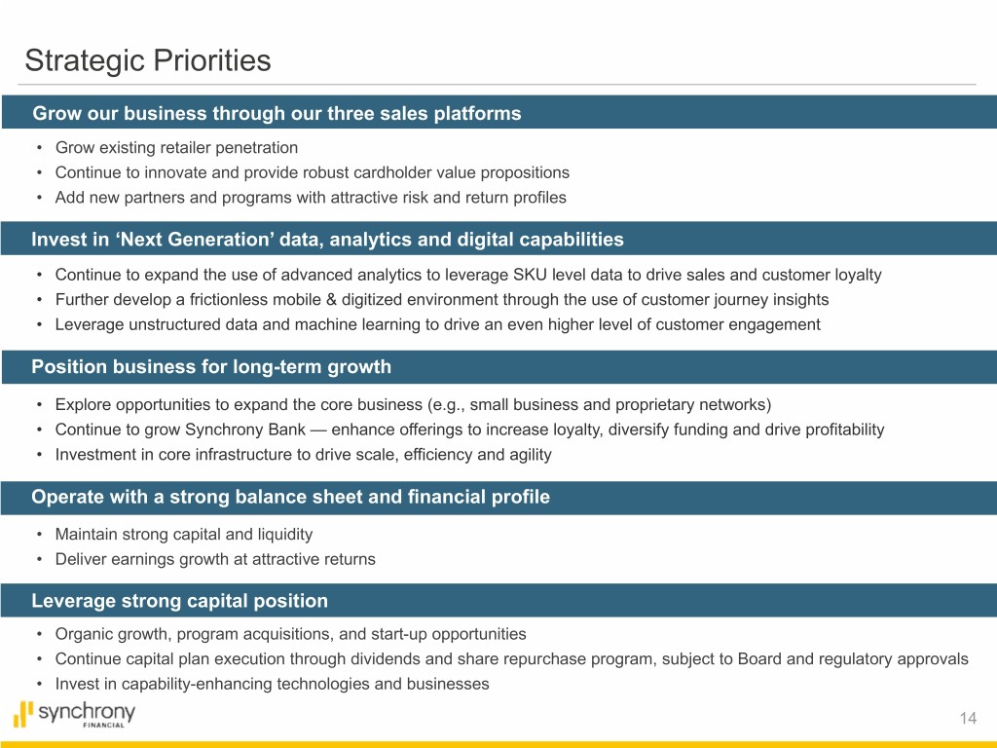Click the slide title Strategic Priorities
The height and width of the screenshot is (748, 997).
pos(148,61)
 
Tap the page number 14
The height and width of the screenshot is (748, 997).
pos(968,718)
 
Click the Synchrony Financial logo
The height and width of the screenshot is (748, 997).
pos(74,714)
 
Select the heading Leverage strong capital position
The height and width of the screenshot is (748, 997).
pos(179,600)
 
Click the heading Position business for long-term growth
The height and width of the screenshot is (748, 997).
pos(211,366)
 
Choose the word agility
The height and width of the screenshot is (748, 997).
pos(531,455)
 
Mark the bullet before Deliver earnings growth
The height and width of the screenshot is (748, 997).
pos(39,560)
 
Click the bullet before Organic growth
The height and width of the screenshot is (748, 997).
pos(39,634)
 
